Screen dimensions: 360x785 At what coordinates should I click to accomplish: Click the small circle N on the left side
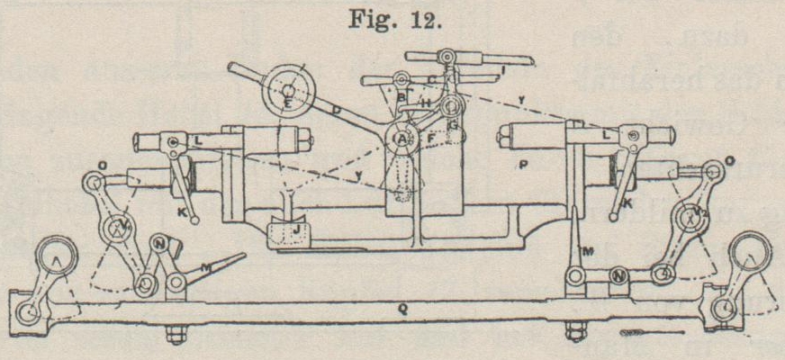[160, 243]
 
